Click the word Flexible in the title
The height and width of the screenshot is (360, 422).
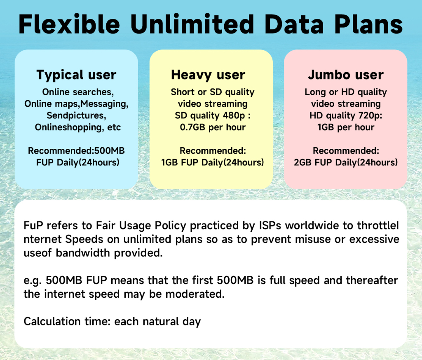click(x=69, y=24)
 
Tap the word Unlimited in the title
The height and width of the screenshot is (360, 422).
click(x=192, y=24)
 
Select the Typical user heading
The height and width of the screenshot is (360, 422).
click(x=76, y=75)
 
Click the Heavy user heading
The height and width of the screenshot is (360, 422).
click(x=208, y=75)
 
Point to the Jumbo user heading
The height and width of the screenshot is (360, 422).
click(x=346, y=75)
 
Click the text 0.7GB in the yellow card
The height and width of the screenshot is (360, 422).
click(x=192, y=127)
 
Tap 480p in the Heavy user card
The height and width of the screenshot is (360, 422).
click(x=234, y=115)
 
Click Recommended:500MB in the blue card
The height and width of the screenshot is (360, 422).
click(x=76, y=151)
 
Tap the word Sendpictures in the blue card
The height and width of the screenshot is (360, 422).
click(x=75, y=115)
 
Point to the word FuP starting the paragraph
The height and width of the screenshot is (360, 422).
click(x=33, y=226)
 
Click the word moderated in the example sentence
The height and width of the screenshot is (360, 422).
click(x=195, y=294)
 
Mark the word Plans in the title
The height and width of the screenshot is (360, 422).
click(x=368, y=24)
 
